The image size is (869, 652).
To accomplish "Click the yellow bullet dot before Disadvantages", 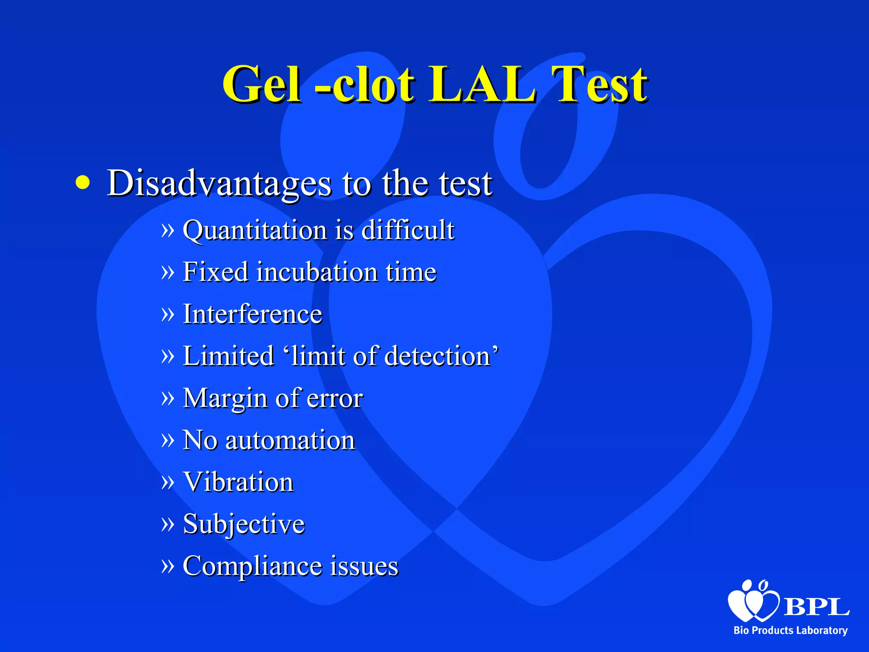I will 83,183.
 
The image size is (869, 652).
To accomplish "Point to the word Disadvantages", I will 219,183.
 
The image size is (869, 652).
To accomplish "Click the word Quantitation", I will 255,230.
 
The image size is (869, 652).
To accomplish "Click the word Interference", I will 252,314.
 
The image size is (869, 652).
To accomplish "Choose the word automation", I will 290,440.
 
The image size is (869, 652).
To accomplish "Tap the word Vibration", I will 238,482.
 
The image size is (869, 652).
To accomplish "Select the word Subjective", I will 244,524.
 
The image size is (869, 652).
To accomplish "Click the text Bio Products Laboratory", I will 791,630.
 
